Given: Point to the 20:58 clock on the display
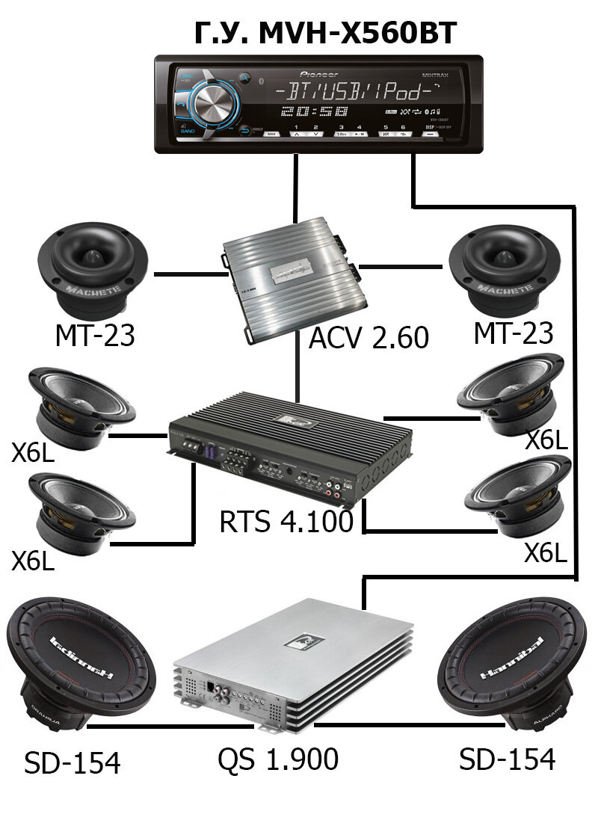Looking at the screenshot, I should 314,112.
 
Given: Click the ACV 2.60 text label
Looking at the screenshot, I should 369,338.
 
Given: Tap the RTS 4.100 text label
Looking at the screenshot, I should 286,521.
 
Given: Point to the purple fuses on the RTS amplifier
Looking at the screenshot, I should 212,453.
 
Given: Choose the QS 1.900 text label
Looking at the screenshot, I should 278,759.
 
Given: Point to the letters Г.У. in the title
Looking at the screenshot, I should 216,33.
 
